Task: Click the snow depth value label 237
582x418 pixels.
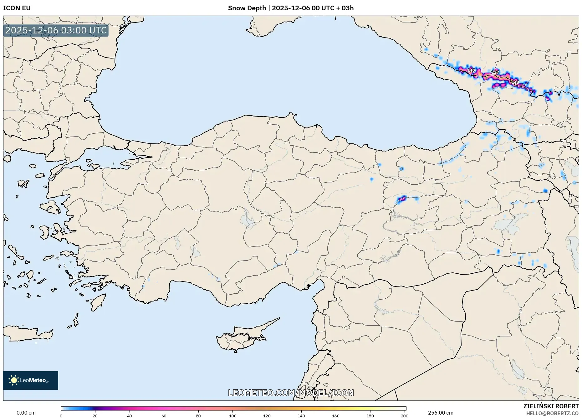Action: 495,72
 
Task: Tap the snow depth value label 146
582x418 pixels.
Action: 471,70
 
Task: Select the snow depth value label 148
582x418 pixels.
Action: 515,82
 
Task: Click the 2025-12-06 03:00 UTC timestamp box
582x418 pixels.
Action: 56,30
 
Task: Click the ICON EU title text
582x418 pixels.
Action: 17,8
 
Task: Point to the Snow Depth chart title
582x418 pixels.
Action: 291,8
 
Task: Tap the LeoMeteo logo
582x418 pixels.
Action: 31,380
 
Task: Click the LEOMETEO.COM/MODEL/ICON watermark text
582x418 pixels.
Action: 291,393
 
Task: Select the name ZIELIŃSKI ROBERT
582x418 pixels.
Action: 551,406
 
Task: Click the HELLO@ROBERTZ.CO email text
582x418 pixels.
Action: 552,413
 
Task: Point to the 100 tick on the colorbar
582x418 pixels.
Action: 232,416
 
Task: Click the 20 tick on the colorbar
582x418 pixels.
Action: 95,416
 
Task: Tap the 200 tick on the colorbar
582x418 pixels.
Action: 404,416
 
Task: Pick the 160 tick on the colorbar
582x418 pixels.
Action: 335,416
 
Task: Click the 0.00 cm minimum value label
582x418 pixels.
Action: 26,413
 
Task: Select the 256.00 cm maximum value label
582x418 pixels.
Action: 441,413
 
